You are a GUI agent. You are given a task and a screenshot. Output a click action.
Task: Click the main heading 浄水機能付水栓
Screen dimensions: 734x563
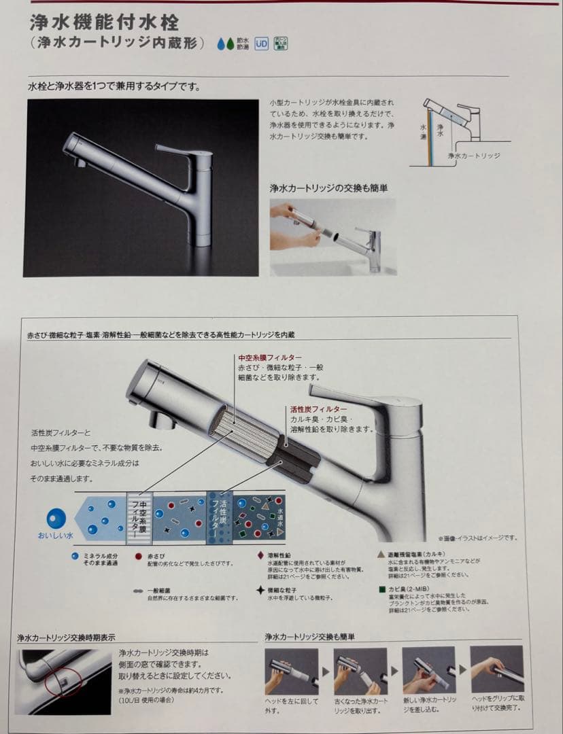(x=104, y=22)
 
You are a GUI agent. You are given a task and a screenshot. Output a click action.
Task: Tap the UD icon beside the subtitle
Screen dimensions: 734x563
(x=261, y=44)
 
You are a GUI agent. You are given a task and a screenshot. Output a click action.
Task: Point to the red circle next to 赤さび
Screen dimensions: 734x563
(x=138, y=555)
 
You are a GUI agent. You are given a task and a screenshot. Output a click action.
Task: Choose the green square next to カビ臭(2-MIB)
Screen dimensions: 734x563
(x=382, y=589)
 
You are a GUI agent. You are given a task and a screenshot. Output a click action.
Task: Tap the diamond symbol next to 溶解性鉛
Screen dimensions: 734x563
(x=260, y=555)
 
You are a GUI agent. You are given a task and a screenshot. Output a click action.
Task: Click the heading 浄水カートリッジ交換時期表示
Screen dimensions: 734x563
(x=66, y=637)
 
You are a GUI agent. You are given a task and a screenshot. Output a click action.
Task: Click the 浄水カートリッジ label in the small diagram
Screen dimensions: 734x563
(x=474, y=156)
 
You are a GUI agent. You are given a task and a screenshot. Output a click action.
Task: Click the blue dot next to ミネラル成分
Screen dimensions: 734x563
(x=74, y=555)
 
